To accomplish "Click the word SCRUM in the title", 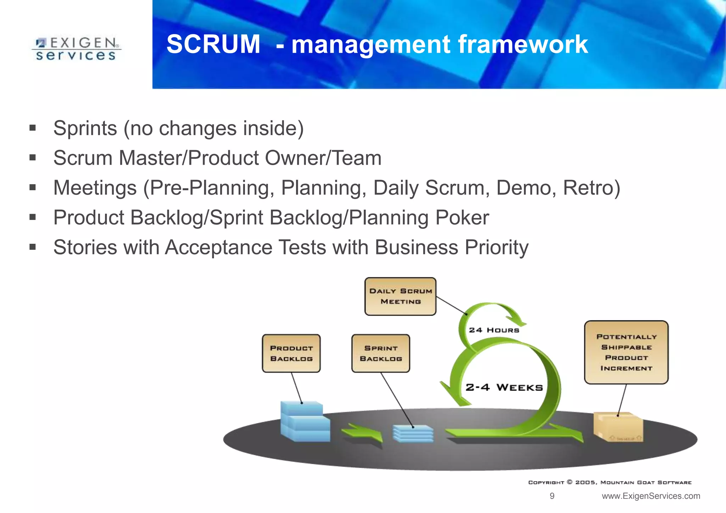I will point(213,44).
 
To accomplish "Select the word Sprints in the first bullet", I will point(85,128).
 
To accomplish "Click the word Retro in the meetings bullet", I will point(591,188).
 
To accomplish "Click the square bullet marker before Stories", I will point(33,247).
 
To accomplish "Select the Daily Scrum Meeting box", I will point(400,297).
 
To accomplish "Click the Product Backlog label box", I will point(291,353).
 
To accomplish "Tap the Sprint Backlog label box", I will point(381,353).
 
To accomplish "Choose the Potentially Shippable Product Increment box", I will point(626,352).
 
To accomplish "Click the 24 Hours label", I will point(494,330).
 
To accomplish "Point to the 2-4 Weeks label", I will point(504,387).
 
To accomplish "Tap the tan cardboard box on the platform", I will point(618,427).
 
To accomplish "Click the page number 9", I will point(552,496).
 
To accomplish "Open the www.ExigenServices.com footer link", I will point(651,496).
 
